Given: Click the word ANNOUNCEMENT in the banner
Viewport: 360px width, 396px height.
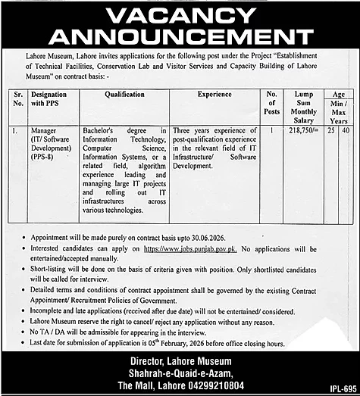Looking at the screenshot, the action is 180,38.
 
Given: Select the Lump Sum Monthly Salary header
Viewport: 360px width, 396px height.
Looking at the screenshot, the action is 300,107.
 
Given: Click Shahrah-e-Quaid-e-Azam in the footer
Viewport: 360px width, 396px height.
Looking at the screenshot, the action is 180,370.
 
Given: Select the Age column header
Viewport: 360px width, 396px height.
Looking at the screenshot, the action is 338,93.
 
